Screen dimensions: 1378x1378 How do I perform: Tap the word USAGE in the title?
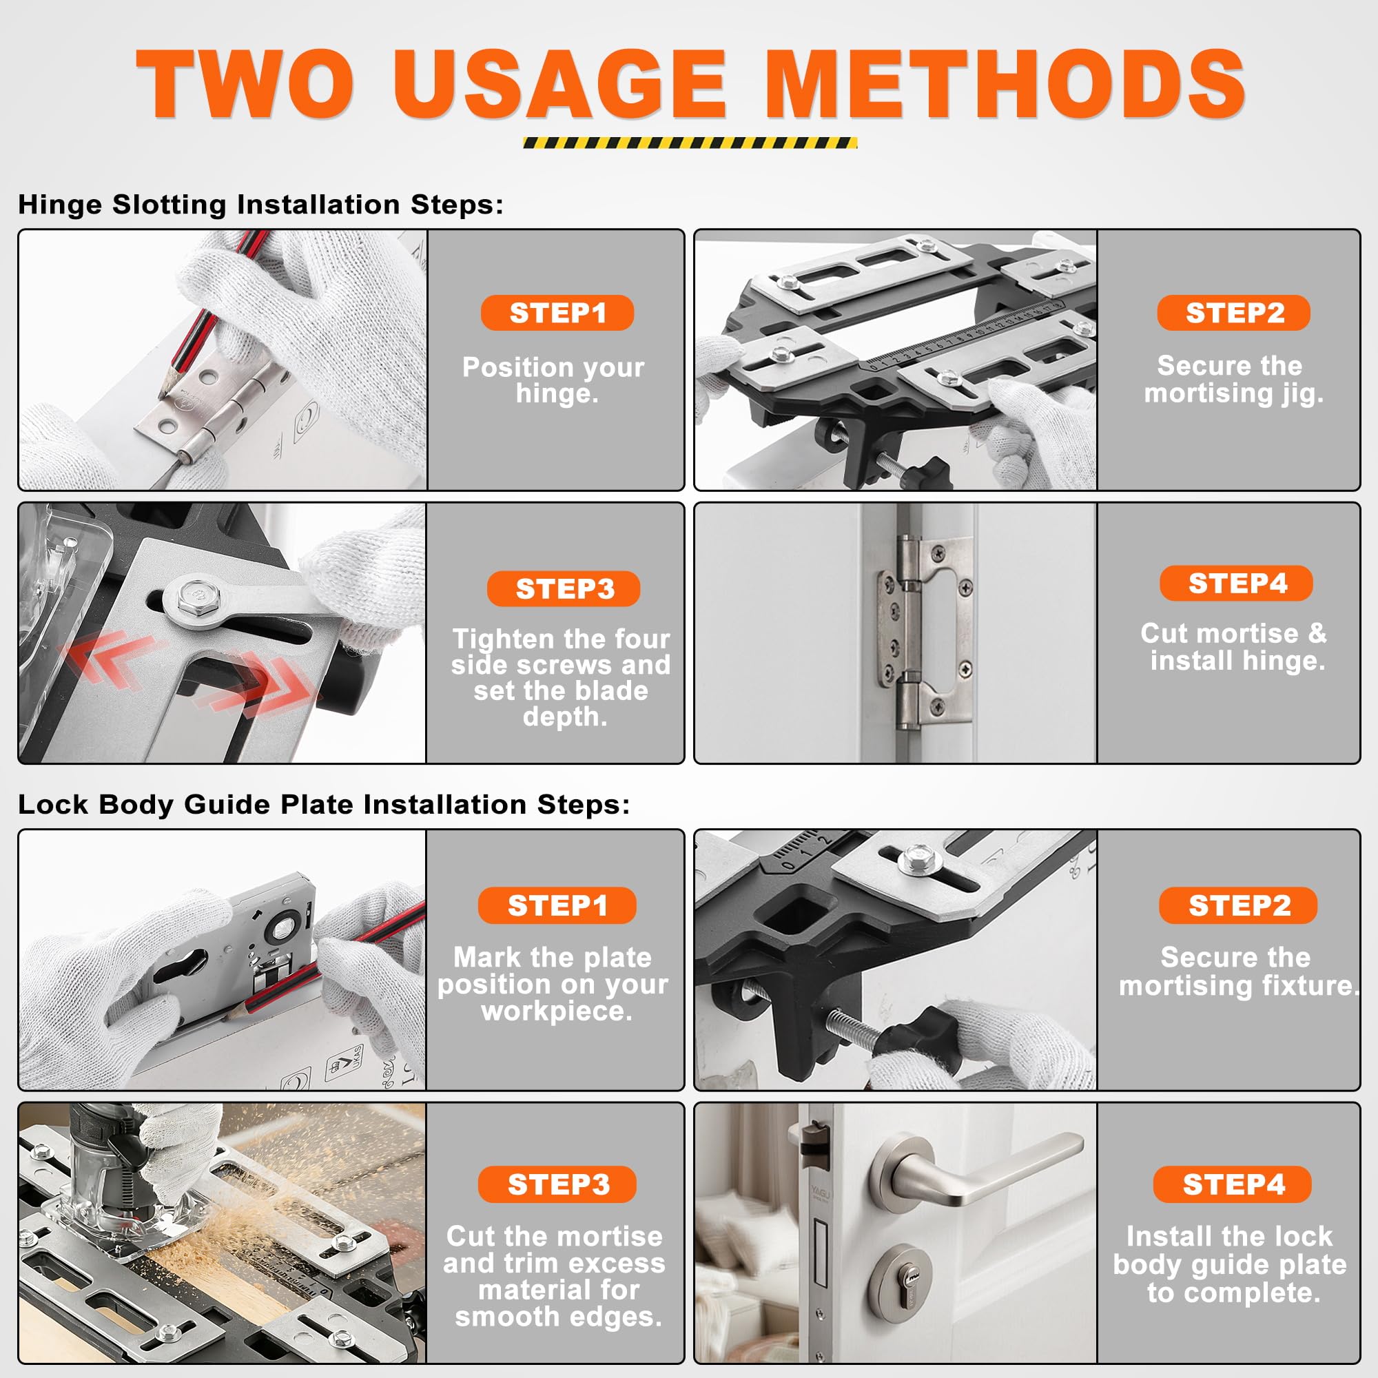[559, 83]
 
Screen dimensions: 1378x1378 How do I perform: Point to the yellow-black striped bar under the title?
[690, 143]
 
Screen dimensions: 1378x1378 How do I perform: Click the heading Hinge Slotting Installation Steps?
[260, 205]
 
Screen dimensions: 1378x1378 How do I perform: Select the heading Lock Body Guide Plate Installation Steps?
[324, 805]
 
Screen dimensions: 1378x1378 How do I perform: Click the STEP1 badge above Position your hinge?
[557, 312]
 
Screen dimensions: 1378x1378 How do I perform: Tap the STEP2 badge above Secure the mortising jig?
[1233, 312]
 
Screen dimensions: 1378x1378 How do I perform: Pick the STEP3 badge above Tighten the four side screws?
[564, 588]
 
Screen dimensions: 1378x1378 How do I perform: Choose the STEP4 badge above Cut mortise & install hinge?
[1236, 583]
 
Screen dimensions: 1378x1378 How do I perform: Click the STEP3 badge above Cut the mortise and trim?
[557, 1184]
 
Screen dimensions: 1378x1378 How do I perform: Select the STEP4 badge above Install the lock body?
[1233, 1184]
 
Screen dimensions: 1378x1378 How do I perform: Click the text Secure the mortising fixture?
[1238, 971]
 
